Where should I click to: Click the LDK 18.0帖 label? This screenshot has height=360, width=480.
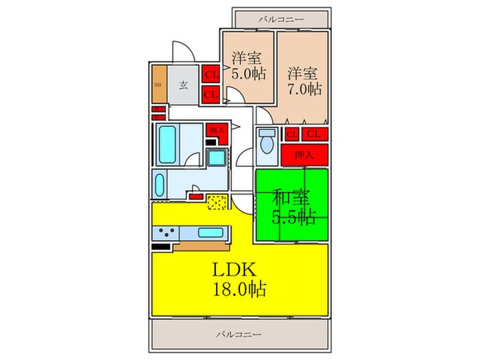coord(239,278)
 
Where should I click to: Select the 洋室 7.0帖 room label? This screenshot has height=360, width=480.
coord(302,80)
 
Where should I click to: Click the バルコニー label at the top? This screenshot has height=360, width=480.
coord(280,19)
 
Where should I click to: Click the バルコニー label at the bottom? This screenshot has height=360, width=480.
coord(239,334)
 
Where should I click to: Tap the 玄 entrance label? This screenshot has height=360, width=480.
coord(184,85)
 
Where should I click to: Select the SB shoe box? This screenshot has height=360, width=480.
coord(158,85)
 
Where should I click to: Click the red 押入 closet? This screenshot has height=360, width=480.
coord(304,156)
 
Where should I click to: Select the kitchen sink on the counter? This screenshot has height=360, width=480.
coord(210,232)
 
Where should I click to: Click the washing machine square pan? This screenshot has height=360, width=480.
coord(218,159)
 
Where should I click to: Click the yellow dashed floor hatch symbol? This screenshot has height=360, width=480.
coord(218,202)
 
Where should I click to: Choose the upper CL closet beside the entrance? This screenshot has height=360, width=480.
coord(211,73)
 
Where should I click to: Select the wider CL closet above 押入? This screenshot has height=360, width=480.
coord(316,134)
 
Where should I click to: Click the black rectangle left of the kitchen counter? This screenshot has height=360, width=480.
coord(161,246)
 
